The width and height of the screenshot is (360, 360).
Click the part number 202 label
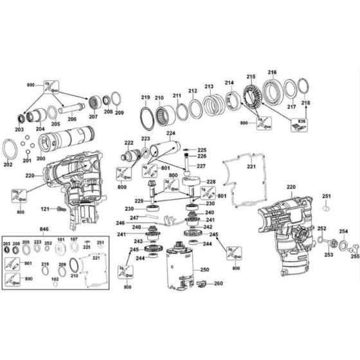[8, 165]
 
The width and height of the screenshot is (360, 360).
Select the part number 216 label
[272, 73]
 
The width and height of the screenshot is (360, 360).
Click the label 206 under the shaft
[71, 120]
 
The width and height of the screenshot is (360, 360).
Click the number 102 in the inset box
[54, 279]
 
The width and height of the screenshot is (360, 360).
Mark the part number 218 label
[306, 103]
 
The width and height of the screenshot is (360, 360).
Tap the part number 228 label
[211, 182]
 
